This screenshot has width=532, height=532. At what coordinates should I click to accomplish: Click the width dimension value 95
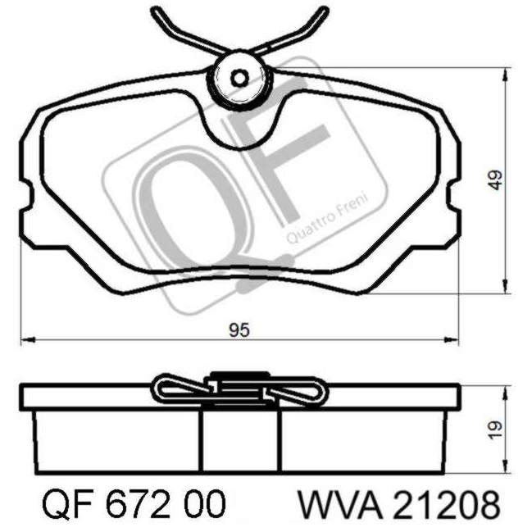[239, 330]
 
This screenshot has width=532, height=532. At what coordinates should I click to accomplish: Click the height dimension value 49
[496, 180]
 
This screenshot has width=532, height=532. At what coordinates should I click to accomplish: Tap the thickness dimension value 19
[496, 430]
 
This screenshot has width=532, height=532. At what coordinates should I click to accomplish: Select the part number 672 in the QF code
[138, 503]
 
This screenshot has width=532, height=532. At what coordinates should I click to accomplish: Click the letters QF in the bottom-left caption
[67, 504]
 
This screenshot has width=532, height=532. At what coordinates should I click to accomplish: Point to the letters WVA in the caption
[339, 503]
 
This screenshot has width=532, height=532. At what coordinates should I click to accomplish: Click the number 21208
[448, 503]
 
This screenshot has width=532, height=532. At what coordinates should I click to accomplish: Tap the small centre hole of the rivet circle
[239, 79]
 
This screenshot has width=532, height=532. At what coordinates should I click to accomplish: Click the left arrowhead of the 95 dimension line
[28, 339]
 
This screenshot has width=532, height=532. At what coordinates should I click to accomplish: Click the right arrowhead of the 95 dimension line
[451, 339]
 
